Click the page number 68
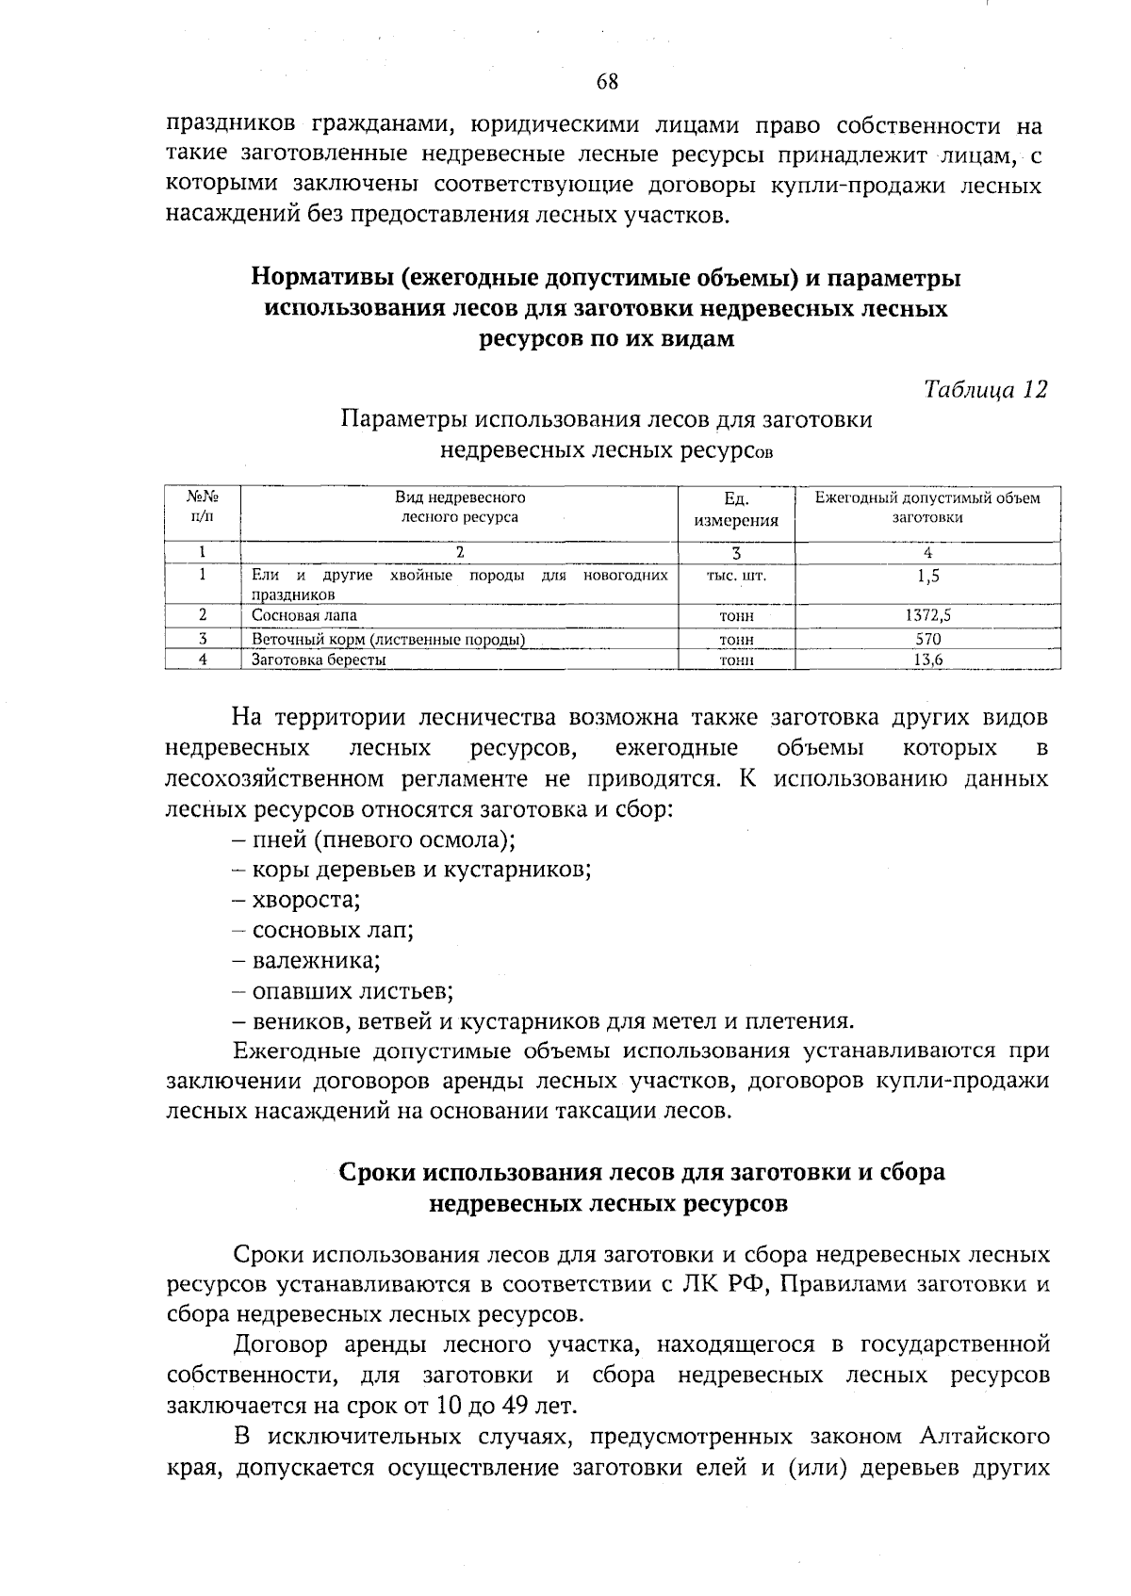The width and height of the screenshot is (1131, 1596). [x=607, y=82]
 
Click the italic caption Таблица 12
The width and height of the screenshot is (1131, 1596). [x=985, y=389]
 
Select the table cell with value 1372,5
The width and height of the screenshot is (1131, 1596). [x=927, y=615]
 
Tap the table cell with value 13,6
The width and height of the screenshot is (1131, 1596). [x=927, y=660]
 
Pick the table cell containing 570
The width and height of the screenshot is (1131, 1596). [x=927, y=639]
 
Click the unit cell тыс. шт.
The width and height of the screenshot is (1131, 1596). [x=736, y=575]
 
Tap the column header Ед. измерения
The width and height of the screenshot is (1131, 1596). [x=736, y=509]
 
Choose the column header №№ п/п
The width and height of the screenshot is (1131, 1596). [x=203, y=506]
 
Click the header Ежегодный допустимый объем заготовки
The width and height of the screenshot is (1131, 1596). [x=927, y=507]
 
